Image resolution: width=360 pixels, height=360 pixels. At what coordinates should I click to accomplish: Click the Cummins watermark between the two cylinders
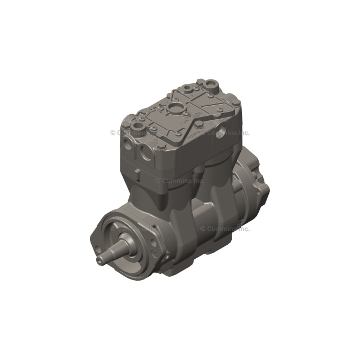pyautogui.click(x=181, y=181)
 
